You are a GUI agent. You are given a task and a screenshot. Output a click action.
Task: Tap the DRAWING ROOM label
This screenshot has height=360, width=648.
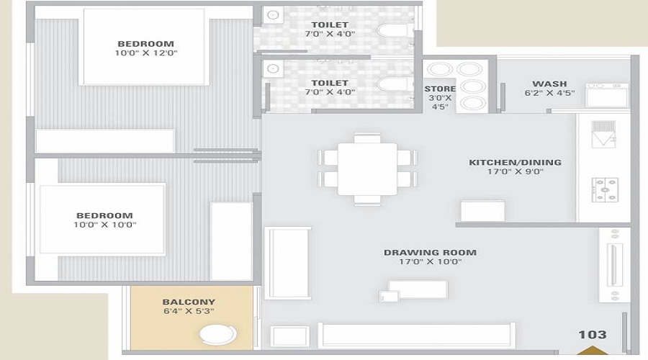pos(430,253)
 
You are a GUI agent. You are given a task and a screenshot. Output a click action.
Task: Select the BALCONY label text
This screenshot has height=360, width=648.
pos(189,302)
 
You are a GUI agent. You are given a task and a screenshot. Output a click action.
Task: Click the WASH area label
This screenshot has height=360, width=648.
pos(549,84)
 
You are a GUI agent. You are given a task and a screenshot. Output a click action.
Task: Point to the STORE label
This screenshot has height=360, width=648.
pos(440,89)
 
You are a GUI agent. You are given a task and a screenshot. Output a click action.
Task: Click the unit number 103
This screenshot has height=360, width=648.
pos(592,334)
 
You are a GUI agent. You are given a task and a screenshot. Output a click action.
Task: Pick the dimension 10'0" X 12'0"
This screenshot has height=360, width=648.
pos(146,53)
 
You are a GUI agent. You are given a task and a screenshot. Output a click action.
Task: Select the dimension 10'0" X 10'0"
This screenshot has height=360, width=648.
pos(105,225)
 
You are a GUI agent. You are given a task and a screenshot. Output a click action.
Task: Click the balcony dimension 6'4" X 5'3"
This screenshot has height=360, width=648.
pos(189,312)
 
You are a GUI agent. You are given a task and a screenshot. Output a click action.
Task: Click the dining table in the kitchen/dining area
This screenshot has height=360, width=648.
pos(367,169)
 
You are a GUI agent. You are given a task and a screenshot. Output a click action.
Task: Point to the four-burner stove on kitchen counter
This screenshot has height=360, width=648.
pos(604,189)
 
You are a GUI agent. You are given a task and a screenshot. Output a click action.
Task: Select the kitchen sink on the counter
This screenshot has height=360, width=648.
pos(603,132)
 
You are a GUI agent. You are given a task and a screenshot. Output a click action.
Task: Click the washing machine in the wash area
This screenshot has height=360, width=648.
pos(606,95)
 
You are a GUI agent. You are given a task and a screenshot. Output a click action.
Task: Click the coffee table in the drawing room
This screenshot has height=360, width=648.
pos(418,289)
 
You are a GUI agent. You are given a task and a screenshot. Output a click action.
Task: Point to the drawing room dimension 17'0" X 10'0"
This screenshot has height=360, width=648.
pos(430,262)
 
